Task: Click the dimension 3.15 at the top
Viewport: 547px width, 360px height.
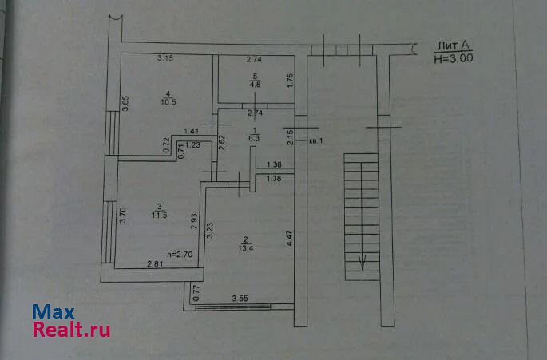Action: [x=165, y=58]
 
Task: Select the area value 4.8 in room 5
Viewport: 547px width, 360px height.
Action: [x=255, y=83]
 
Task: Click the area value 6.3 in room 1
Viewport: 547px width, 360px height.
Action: [x=255, y=136]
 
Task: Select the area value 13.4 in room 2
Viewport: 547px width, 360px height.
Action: [x=246, y=246]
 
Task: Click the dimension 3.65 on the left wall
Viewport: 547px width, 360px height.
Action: [x=126, y=105]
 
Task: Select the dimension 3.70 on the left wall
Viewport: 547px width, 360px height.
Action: [x=124, y=216]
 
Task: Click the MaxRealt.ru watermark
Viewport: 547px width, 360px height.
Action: [x=71, y=320]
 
